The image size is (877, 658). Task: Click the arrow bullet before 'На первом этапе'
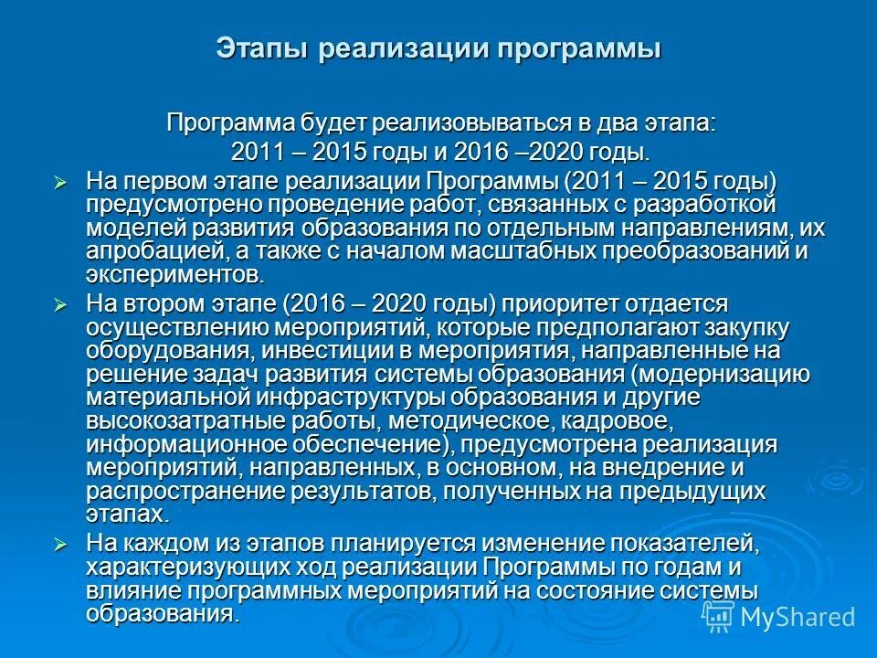(61, 183)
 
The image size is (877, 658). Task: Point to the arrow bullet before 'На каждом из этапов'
(61, 545)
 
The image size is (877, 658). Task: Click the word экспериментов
(174, 275)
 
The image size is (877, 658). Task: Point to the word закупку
(743, 327)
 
